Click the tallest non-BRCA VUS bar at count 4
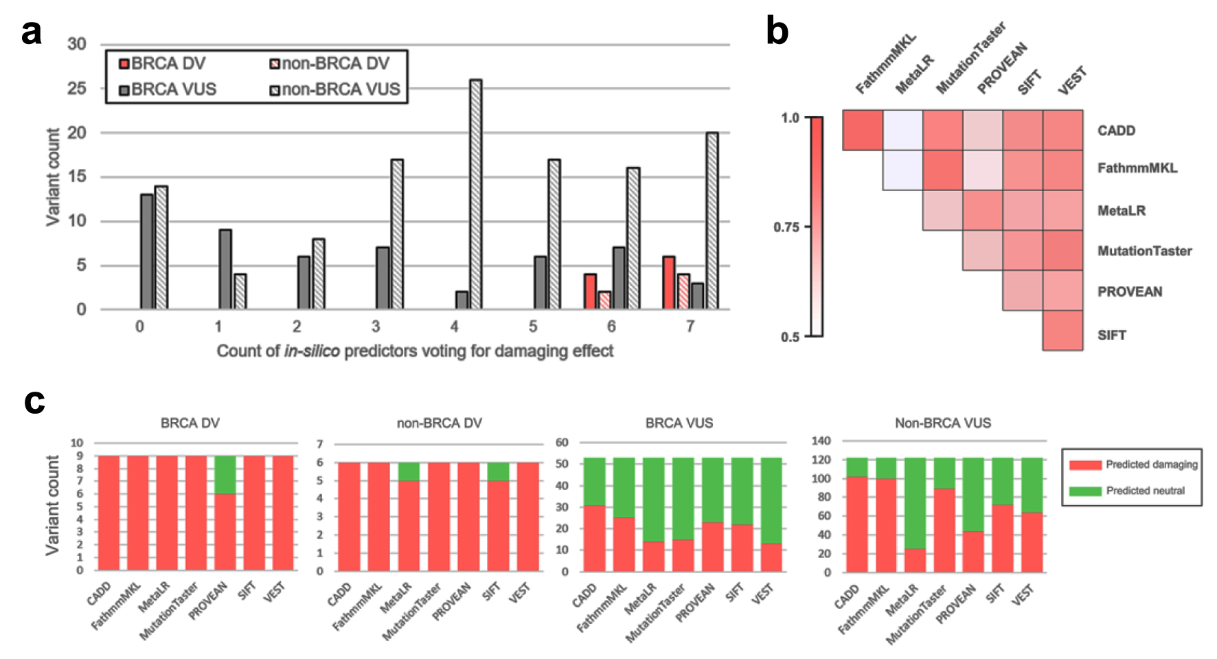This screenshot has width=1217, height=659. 475,194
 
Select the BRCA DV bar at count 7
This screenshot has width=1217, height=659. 668,283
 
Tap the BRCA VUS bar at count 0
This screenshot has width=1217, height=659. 146,252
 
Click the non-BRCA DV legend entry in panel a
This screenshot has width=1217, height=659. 330,64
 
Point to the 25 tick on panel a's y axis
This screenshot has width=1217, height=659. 77,89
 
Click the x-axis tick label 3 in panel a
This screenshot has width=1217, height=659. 376,326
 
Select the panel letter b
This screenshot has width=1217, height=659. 777,32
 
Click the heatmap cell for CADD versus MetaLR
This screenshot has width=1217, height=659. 902,130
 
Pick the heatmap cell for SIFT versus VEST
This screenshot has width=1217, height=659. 1062,331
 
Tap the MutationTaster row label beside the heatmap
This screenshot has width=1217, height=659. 1144,251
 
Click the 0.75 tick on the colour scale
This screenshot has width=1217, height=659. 786,227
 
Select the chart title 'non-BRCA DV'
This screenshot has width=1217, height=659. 440,423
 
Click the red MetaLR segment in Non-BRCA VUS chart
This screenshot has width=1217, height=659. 915,560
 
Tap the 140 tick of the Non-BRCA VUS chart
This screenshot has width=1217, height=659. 821,440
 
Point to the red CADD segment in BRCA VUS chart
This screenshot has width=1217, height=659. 595,538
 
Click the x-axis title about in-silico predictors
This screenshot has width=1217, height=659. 415,351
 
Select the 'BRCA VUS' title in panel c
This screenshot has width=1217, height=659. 679,423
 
